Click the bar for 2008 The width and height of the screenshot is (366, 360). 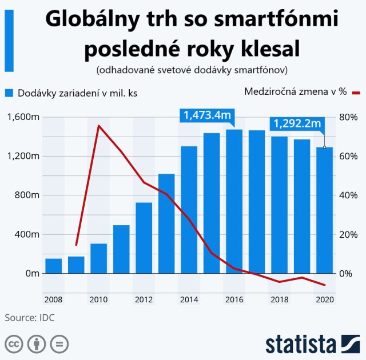coord(54,266)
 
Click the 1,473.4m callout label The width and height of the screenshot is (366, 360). coord(208,115)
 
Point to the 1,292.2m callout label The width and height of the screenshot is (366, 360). coord(297,123)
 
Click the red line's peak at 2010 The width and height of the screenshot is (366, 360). coord(99,126)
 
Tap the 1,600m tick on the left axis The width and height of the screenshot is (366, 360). coord(23,117)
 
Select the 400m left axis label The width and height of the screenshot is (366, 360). coord(26,234)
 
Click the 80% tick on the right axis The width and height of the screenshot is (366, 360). coord(348,117)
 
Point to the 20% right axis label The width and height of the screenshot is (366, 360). coord(348,234)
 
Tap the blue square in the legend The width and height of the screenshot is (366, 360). coord(10,93)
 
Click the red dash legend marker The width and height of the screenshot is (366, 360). coord(356,92)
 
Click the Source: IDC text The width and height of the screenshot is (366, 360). coord(30,317)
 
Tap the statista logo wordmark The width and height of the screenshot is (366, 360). coord(300,344)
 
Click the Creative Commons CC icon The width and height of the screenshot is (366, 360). coord(14,344)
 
